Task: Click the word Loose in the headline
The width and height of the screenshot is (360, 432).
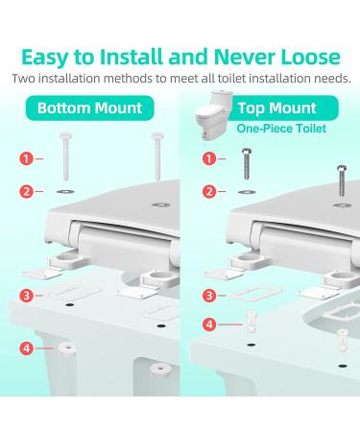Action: (x=310, y=57)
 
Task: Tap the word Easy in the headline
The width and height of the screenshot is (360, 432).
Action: (x=45, y=59)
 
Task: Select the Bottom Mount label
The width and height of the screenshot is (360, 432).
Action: (x=89, y=108)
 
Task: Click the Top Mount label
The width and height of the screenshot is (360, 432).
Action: (x=277, y=108)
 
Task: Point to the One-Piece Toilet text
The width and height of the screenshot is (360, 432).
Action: (x=281, y=129)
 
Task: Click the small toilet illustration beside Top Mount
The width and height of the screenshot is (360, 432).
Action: (x=212, y=116)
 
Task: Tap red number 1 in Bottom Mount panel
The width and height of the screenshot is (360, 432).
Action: (x=26, y=158)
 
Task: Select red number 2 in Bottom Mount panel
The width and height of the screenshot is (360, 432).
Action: (x=26, y=192)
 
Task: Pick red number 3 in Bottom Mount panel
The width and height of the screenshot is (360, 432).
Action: (x=26, y=296)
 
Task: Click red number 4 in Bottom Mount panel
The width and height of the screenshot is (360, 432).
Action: (x=26, y=348)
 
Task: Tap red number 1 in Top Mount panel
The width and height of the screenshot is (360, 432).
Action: (x=209, y=158)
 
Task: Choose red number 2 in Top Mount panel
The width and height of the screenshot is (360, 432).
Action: (x=209, y=192)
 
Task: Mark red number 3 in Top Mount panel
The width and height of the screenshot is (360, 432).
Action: (x=209, y=296)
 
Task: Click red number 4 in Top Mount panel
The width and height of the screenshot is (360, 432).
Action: (x=209, y=324)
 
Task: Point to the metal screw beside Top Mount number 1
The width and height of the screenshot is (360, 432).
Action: (x=247, y=163)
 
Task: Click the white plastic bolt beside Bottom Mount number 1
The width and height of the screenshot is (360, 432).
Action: (x=66, y=156)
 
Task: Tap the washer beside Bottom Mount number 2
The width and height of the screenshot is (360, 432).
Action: (x=65, y=192)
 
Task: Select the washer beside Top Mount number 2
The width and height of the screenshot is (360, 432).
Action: (x=247, y=192)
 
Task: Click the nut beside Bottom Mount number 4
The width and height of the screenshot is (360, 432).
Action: (x=66, y=348)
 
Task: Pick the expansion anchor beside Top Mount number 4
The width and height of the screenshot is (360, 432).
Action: (x=251, y=321)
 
